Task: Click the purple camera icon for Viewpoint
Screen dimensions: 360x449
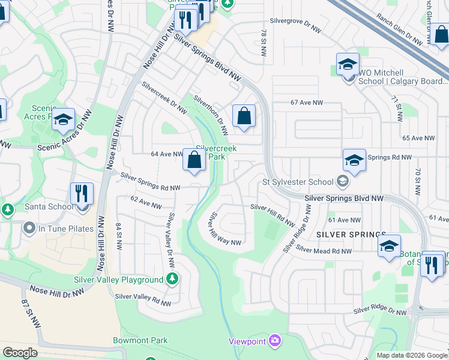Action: click(275, 341)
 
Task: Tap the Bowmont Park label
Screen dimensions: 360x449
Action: click(140, 340)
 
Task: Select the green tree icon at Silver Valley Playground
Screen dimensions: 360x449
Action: click(172, 279)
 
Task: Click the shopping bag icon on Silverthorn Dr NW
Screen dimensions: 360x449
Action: click(244, 116)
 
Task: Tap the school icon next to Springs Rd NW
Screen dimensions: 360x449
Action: click(354, 161)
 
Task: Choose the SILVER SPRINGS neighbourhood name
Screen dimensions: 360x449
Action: click(351, 234)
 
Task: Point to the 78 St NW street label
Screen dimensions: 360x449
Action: click(263, 43)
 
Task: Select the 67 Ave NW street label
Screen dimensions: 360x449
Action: click(307, 103)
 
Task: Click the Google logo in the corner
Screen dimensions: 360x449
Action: click(20, 353)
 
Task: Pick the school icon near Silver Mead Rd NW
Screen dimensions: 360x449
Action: click(389, 247)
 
